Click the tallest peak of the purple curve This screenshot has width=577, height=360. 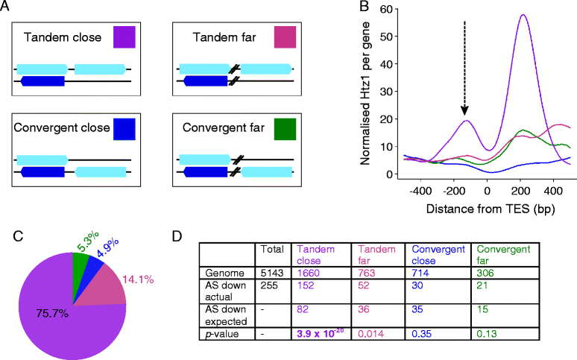(x=523, y=15)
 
